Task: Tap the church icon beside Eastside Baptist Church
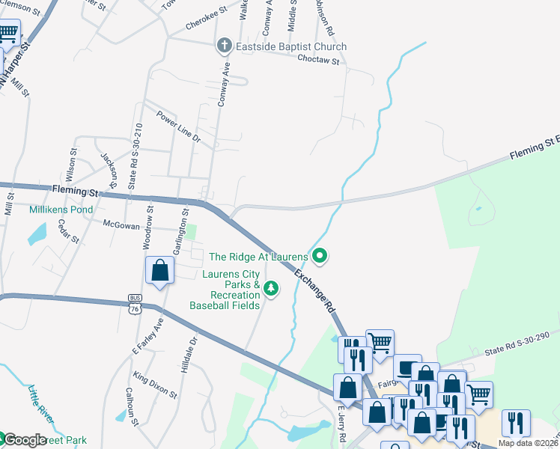click(224, 46)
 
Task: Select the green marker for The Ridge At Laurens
click(320, 257)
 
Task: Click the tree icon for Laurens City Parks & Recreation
click(272, 288)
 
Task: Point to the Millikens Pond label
click(61, 210)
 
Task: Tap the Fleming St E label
click(535, 147)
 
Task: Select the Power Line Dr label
click(178, 127)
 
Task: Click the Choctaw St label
click(319, 58)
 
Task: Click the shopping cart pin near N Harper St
click(8, 34)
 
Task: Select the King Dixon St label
click(155, 384)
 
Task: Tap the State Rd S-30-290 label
click(517, 344)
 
